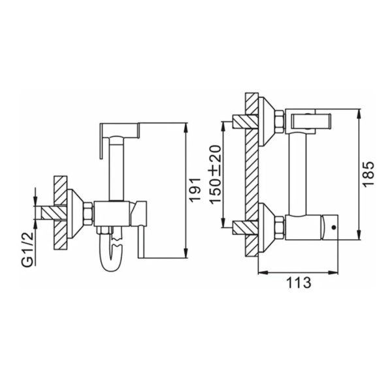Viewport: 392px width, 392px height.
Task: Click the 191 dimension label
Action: (195, 189)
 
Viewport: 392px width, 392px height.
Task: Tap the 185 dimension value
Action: (368, 174)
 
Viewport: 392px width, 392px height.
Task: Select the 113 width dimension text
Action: (299, 283)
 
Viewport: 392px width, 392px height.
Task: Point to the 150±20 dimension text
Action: (216, 174)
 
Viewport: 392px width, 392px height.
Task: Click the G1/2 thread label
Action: (29, 249)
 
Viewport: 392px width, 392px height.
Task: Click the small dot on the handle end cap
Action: (333, 227)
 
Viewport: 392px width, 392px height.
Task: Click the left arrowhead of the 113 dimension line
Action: (263, 272)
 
